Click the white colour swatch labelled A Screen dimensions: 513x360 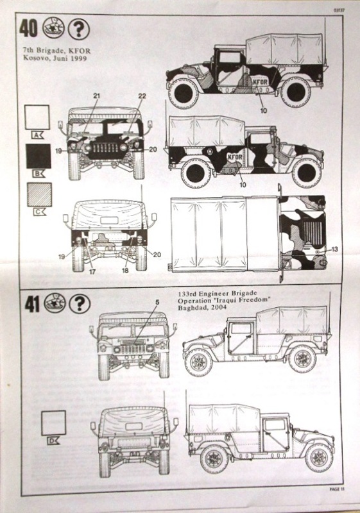click(x=37, y=118)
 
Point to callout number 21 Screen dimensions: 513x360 click(x=96, y=96)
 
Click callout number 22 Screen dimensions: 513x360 click(x=142, y=96)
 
